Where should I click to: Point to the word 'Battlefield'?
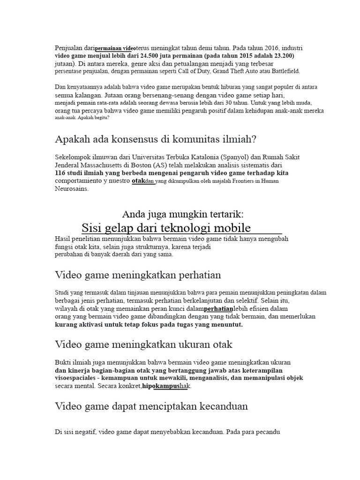(x=283, y=71)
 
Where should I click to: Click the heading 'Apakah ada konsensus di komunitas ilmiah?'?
(x=155, y=139)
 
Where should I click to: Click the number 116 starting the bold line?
(x=61, y=173)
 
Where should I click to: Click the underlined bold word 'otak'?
(x=138, y=180)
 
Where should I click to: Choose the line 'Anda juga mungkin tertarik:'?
(x=183, y=214)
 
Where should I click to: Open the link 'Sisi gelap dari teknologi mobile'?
(x=166, y=228)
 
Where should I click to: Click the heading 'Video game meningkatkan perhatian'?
(x=138, y=274)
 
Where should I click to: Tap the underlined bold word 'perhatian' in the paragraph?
(x=219, y=309)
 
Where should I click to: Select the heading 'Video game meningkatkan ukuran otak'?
(x=143, y=345)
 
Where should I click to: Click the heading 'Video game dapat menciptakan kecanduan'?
(x=151, y=406)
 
